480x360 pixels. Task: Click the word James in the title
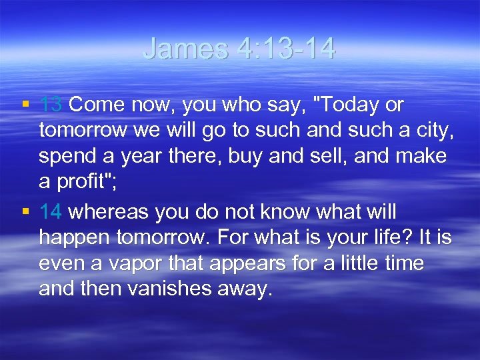coord(186,49)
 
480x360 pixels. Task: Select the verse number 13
coord(51,105)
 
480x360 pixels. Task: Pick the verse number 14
coord(51,213)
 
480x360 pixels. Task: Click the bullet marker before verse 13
coord(25,105)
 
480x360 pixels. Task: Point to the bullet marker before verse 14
coord(25,213)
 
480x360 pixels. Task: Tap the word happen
coord(73,238)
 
